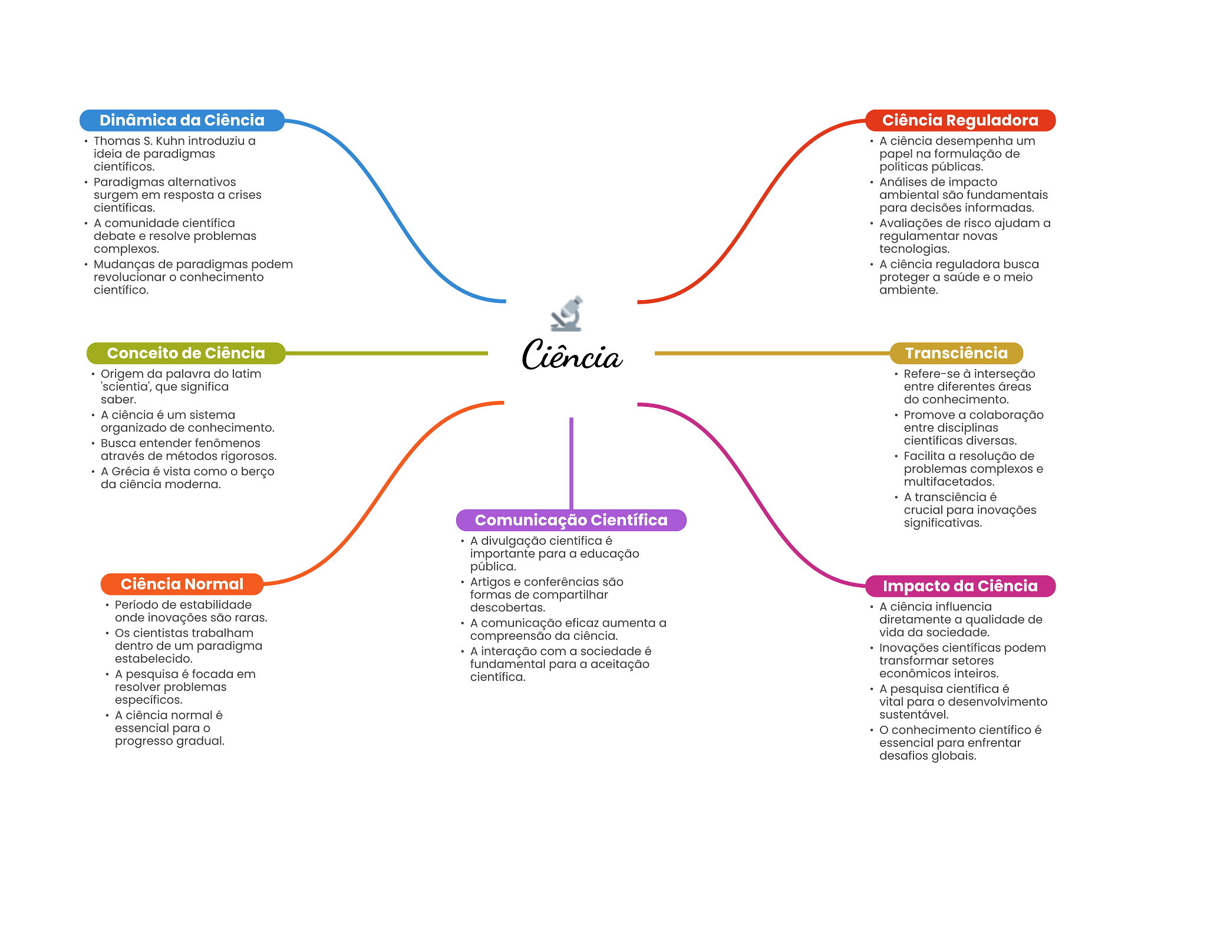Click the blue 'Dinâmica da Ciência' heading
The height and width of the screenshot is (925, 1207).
(182, 120)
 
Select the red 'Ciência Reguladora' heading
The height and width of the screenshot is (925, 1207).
(960, 120)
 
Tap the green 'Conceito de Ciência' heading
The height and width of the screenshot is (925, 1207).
(186, 353)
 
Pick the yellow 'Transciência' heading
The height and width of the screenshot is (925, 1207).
(957, 353)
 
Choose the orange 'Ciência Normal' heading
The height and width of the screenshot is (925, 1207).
(182, 584)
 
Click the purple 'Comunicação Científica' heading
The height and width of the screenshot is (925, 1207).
(571, 520)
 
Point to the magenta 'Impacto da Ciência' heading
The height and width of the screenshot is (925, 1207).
(960, 586)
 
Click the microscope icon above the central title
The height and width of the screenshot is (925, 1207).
(567, 313)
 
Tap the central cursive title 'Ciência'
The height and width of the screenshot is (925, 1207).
(572, 355)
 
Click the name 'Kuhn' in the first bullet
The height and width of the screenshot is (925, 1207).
(170, 141)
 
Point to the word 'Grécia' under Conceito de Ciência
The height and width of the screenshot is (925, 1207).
(130, 472)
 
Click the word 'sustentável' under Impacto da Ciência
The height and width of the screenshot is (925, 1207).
(914, 715)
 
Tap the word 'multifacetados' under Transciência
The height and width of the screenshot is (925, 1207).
(949, 482)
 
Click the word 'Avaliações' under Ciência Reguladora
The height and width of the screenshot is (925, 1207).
(909, 223)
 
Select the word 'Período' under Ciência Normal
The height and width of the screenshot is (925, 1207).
(137, 605)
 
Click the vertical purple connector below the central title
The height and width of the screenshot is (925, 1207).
(571, 463)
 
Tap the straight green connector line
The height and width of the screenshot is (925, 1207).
(387, 353)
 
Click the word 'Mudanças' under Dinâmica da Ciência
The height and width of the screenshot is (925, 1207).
(124, 265)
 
